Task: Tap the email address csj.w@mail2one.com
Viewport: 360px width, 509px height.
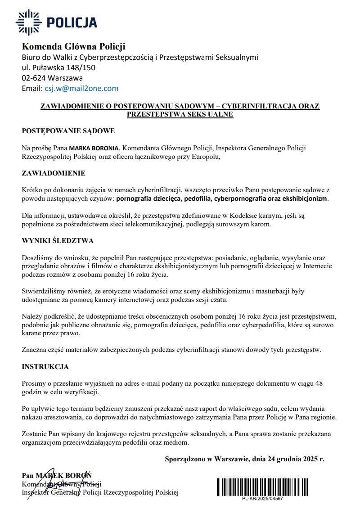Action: (x=81, y=89)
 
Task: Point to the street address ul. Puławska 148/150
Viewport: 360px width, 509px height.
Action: (x=59, y=68)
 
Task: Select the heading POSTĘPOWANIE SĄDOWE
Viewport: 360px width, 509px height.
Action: (x=68, y=131)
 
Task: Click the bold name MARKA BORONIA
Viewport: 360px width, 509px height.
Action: (x=94, y=148)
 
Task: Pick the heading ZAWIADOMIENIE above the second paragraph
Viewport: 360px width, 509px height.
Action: (x=54, y=173)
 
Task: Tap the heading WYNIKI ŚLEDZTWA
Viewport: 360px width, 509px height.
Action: (x=58, y=241)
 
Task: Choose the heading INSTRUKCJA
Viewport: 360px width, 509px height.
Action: (x=45, y=367)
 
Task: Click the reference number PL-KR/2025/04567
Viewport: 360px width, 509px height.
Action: (x=262, y=499)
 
